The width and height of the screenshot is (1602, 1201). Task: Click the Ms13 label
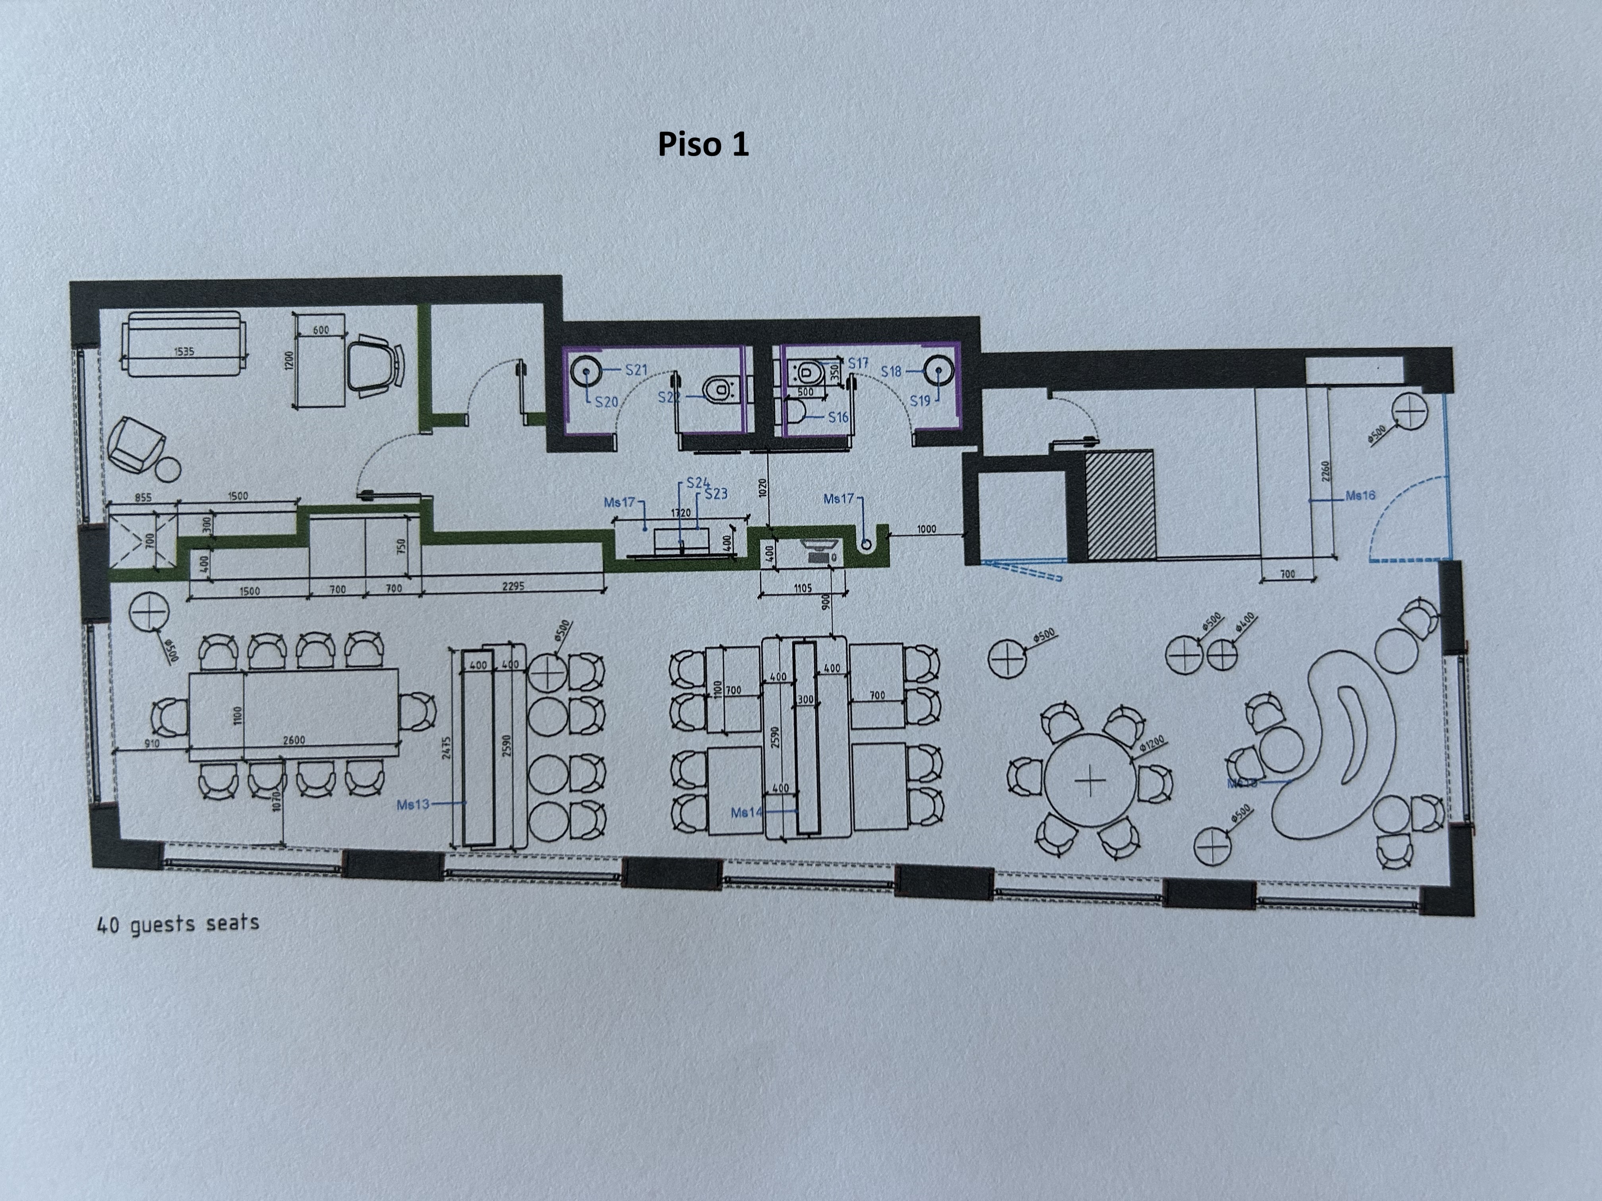click(x=413, y=804)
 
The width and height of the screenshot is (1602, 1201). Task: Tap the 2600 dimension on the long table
click(x=294, y=740)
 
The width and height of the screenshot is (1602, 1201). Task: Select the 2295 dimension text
click(x=513, y=586)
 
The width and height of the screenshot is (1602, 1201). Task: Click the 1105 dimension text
click(x=803, y=589)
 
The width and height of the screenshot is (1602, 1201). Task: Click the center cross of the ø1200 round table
click(x=1090, y=782)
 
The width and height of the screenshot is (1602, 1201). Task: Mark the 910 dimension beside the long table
click(x=152, y=743)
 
